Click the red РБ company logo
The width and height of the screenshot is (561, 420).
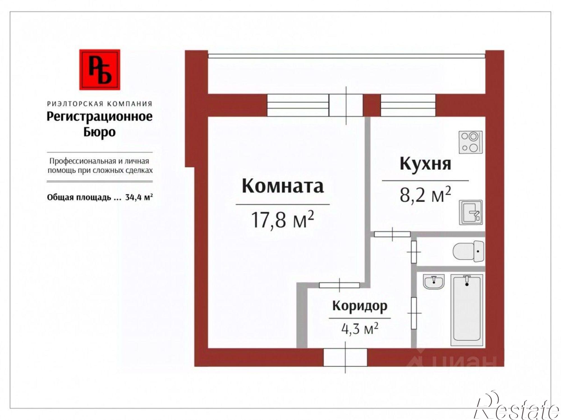click(x=100, y=70)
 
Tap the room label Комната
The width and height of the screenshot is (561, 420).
click(x=283, y=186)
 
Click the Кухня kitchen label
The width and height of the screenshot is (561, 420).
click(x=425, y=163)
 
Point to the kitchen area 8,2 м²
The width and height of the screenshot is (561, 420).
click(x=425, y=195)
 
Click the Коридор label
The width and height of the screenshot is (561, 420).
click(x=360, y=306)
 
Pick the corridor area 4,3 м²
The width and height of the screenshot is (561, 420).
click(x=360, y=328)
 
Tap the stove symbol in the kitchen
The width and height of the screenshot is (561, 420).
click(x=470, y=142)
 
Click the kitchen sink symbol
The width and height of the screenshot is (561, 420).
click(x=470, y=212)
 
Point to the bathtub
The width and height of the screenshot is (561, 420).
click(x=467, y=310)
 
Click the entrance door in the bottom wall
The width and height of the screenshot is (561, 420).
click(x=345, y=357)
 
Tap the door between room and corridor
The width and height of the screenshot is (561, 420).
click(x=339, y=285)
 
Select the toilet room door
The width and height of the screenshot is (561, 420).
click(x=414, y=252)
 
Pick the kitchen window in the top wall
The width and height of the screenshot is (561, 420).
click(x=408, y=105)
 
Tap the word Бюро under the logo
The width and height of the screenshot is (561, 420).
click(x=100, y=132)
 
